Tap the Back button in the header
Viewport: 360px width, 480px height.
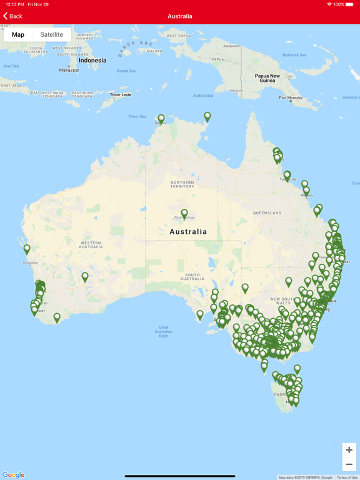pos(12,16)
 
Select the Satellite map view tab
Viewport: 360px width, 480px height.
pos(52,34)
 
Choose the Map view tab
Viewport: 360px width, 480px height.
pos(18,34)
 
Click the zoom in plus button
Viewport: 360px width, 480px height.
pos(349,450)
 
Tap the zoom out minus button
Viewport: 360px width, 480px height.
pos(349,464)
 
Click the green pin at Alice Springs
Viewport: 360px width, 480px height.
pos(184,214)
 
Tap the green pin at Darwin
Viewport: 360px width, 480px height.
pos(161,118)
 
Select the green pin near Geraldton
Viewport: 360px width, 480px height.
pos(27,249)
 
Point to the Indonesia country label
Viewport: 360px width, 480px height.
pos(92,61)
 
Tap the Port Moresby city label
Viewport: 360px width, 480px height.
pos(291,97)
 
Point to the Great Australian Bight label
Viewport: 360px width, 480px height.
pos(163,331)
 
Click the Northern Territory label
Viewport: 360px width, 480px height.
pos(182,184)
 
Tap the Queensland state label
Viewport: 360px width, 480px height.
pos(267,213)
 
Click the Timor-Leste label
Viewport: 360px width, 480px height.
pos(121,95)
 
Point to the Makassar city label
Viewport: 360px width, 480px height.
pos(69,70)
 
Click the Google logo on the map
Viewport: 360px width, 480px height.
pos(13,475)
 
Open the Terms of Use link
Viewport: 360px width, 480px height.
pos(347,477)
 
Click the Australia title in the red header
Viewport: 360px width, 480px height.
pos(180,16)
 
